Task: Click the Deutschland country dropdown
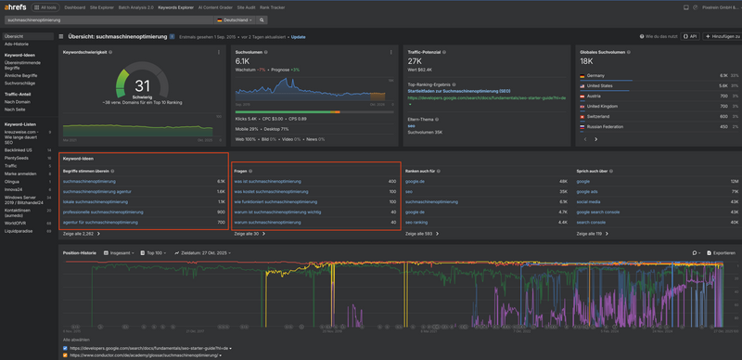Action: coord(236,19)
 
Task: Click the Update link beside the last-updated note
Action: coord(298,37)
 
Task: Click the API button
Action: coord(689,37)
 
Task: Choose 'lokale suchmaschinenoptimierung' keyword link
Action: coord(91,201)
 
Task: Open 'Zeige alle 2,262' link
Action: coord(80,234)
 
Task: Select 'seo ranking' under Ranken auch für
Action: coord(417,222)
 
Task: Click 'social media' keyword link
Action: coord(590,201)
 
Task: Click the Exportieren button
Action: coord(720,252)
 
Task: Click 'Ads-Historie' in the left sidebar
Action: coord(16,43)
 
